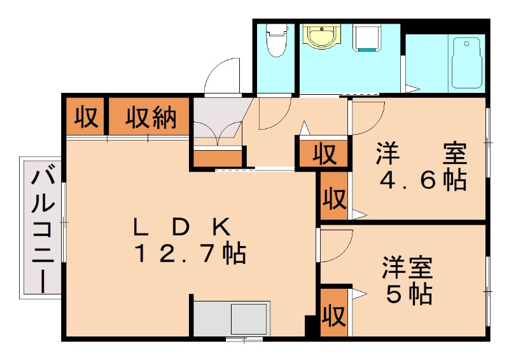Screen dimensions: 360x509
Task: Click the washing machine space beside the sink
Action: click(366, 38)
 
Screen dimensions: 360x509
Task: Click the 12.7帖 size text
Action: click(190, 254)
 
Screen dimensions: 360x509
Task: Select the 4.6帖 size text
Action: click(423, 181)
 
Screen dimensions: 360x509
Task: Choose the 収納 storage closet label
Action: click(150, 117)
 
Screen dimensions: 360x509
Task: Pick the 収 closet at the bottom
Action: click(333, 313)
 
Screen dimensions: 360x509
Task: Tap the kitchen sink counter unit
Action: click(231, 318)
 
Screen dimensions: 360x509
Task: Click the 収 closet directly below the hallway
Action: click(323, 155)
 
